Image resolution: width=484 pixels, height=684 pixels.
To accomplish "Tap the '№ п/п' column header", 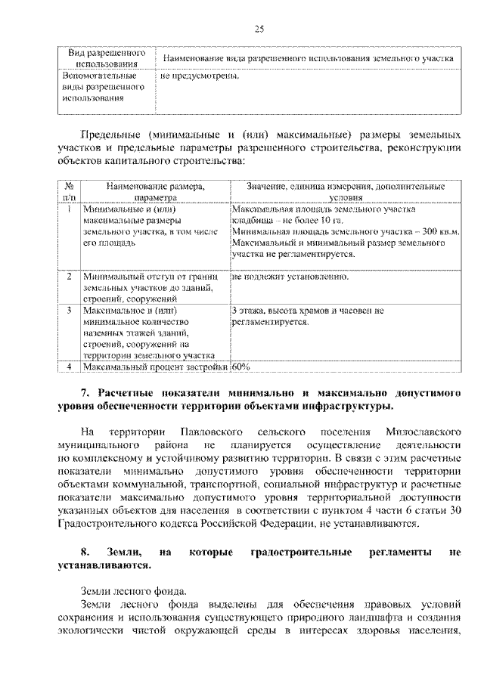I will (69, 190).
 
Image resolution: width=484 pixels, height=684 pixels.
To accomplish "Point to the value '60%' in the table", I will (241, 367).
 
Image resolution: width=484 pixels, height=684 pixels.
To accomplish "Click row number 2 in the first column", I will (69, 277).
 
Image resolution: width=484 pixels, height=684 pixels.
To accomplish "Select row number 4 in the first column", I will (69, 367).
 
